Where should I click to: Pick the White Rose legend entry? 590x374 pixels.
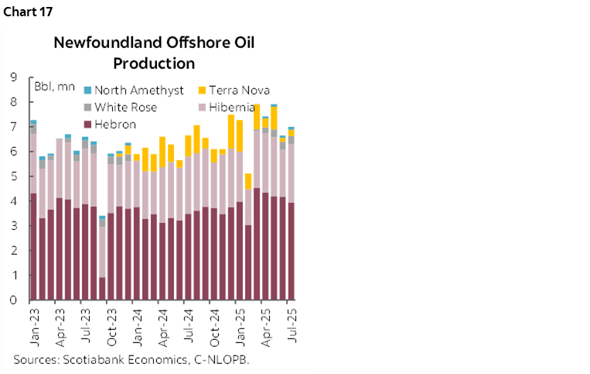click(125, 108)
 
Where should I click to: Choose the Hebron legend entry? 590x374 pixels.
click(117, 124)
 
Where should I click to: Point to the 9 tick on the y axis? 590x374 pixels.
click(14, 77)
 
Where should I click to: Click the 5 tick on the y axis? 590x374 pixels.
click(14, 176)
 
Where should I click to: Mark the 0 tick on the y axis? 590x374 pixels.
click(14, 300)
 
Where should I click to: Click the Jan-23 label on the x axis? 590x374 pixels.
click(33, 324)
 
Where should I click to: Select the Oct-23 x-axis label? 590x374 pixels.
click(111, 324)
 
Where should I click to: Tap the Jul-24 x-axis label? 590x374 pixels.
click(188, 324)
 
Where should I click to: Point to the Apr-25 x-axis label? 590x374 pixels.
click(265, 324)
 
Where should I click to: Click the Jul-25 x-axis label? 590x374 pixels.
click(292, 324)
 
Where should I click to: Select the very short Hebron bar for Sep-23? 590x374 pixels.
click(102, 288)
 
